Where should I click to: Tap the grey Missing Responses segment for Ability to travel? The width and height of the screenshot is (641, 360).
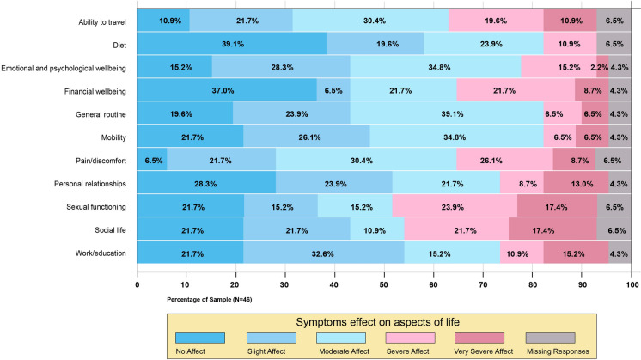(x=614, y=20)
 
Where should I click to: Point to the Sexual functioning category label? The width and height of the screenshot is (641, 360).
(x=98, y=205)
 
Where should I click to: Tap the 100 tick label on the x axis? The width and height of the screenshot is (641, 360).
(x=632, y=281)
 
